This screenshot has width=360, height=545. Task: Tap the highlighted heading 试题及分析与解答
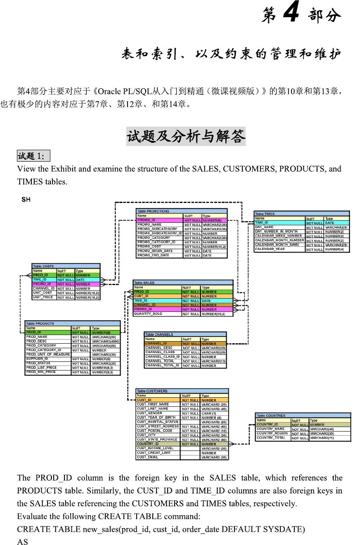[x=186, y=136]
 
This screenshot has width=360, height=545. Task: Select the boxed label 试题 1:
[x=33, y=156]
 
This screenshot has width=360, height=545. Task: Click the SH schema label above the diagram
[x=26, y=200]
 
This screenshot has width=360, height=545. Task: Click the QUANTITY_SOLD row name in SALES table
[x=148, y=314]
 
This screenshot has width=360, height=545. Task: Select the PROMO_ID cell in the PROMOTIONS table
[x=147, y=220]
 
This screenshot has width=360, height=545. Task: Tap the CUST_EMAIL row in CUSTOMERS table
[x=147, y=457]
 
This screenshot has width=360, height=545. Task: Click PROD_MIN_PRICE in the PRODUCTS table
[x=41, y=372]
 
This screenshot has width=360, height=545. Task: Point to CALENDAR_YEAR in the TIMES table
[x=270, y=249]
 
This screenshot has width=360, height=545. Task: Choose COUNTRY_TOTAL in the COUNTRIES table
[x=271, y=438]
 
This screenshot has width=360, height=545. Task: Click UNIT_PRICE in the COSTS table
[x=43, y=297]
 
